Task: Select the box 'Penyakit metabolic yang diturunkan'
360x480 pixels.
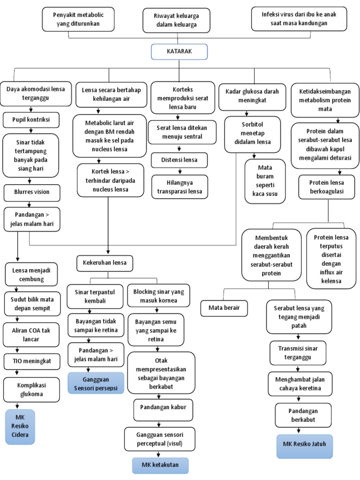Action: tap(77, 19)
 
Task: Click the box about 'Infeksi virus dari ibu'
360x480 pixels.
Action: tap(299, 18)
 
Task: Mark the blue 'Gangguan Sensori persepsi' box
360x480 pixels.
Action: tap(96, 382)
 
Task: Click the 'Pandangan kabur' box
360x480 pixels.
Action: tap(163, 407)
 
